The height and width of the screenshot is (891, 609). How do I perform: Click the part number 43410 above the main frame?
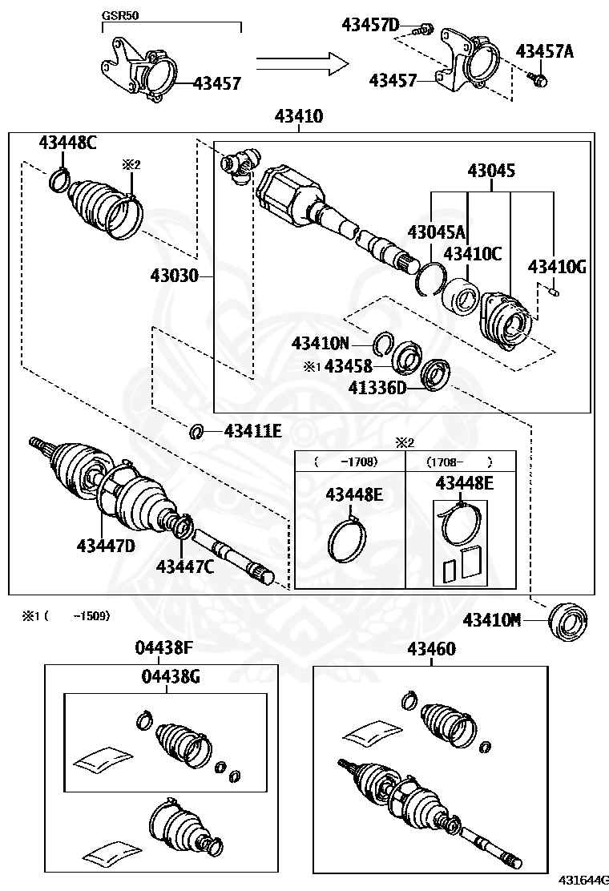tap(299, 116)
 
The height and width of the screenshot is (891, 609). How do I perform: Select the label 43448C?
tap(68, 143)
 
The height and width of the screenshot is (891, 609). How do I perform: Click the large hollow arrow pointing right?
tap(301, 63)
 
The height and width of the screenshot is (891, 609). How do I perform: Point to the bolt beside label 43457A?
tap(538, 79)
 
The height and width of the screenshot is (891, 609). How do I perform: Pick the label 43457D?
tap(370, 25)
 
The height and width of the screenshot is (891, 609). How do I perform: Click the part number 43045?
tap(491, 171)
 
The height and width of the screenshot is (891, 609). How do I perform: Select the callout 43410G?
tap(557, 266)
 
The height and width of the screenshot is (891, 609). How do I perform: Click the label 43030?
tap(174, 276)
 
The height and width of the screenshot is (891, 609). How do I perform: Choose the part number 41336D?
tap(377, 389)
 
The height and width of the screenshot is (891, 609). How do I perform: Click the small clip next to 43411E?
tap(195, 433)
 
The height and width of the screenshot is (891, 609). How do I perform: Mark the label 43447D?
tap(106, 546)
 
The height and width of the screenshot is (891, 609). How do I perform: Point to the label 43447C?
tap(185, 566)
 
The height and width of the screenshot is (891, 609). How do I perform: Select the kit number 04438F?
tap(164, 648)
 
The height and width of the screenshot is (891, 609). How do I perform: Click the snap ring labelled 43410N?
tap(384, 343)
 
